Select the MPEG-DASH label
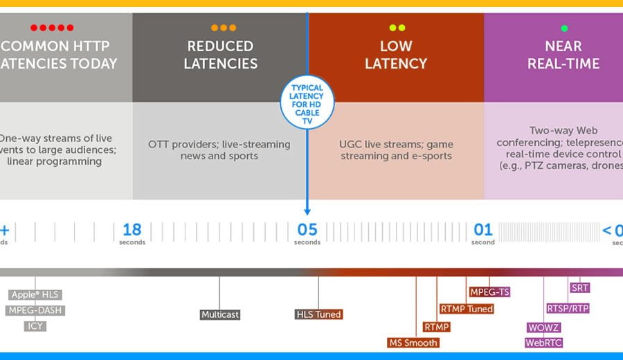pyautogui.click(x=35, y=310)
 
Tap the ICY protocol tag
pyautogui.click(x=35, y=325)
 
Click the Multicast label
pyautogui.click(x=220, y=314)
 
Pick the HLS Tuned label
pyautogui.click(x=318, y=314)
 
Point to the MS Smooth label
pyautogui.click(x=413, y=343)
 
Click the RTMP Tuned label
pyautogui.click(x=467, y=309)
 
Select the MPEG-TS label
pyautogui.click(x=489, y=292)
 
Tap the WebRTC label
pyautogui.click(x=543, y=343)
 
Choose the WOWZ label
pyautogui.click(x=543, y=327)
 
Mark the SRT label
pyautogui.click(x=579, y=288)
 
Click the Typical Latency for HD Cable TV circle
pyautogui.click(x=307, y=102)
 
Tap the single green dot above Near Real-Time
pyautogui.click(x=564, y=28)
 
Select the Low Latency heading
pyautogui.click(x=395, y=55)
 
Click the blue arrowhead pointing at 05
pyautogui.click(x=307, y=210)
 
